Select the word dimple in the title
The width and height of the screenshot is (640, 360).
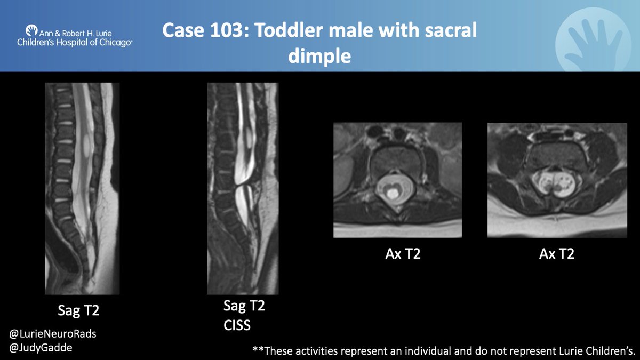tap(319, 55)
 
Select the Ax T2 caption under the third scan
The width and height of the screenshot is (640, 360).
tap(403, 254)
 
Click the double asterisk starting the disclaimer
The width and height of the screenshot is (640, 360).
tap(259, 350)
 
